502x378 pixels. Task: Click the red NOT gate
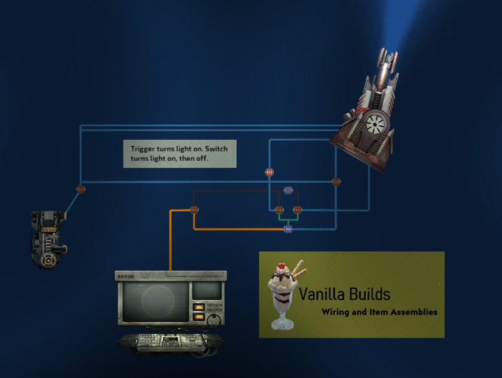pos(269,172)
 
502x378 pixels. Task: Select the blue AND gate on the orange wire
pos(288,229)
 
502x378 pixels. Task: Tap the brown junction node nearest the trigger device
pos(81,189)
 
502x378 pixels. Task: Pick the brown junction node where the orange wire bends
pos(194,210)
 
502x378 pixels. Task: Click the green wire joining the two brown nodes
pos(288,219)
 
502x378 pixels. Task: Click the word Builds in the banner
pos(371,294)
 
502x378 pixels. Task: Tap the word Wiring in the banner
pos(336,312)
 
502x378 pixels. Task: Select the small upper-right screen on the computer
pos(206,291)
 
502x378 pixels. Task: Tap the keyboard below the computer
pos(171,342)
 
